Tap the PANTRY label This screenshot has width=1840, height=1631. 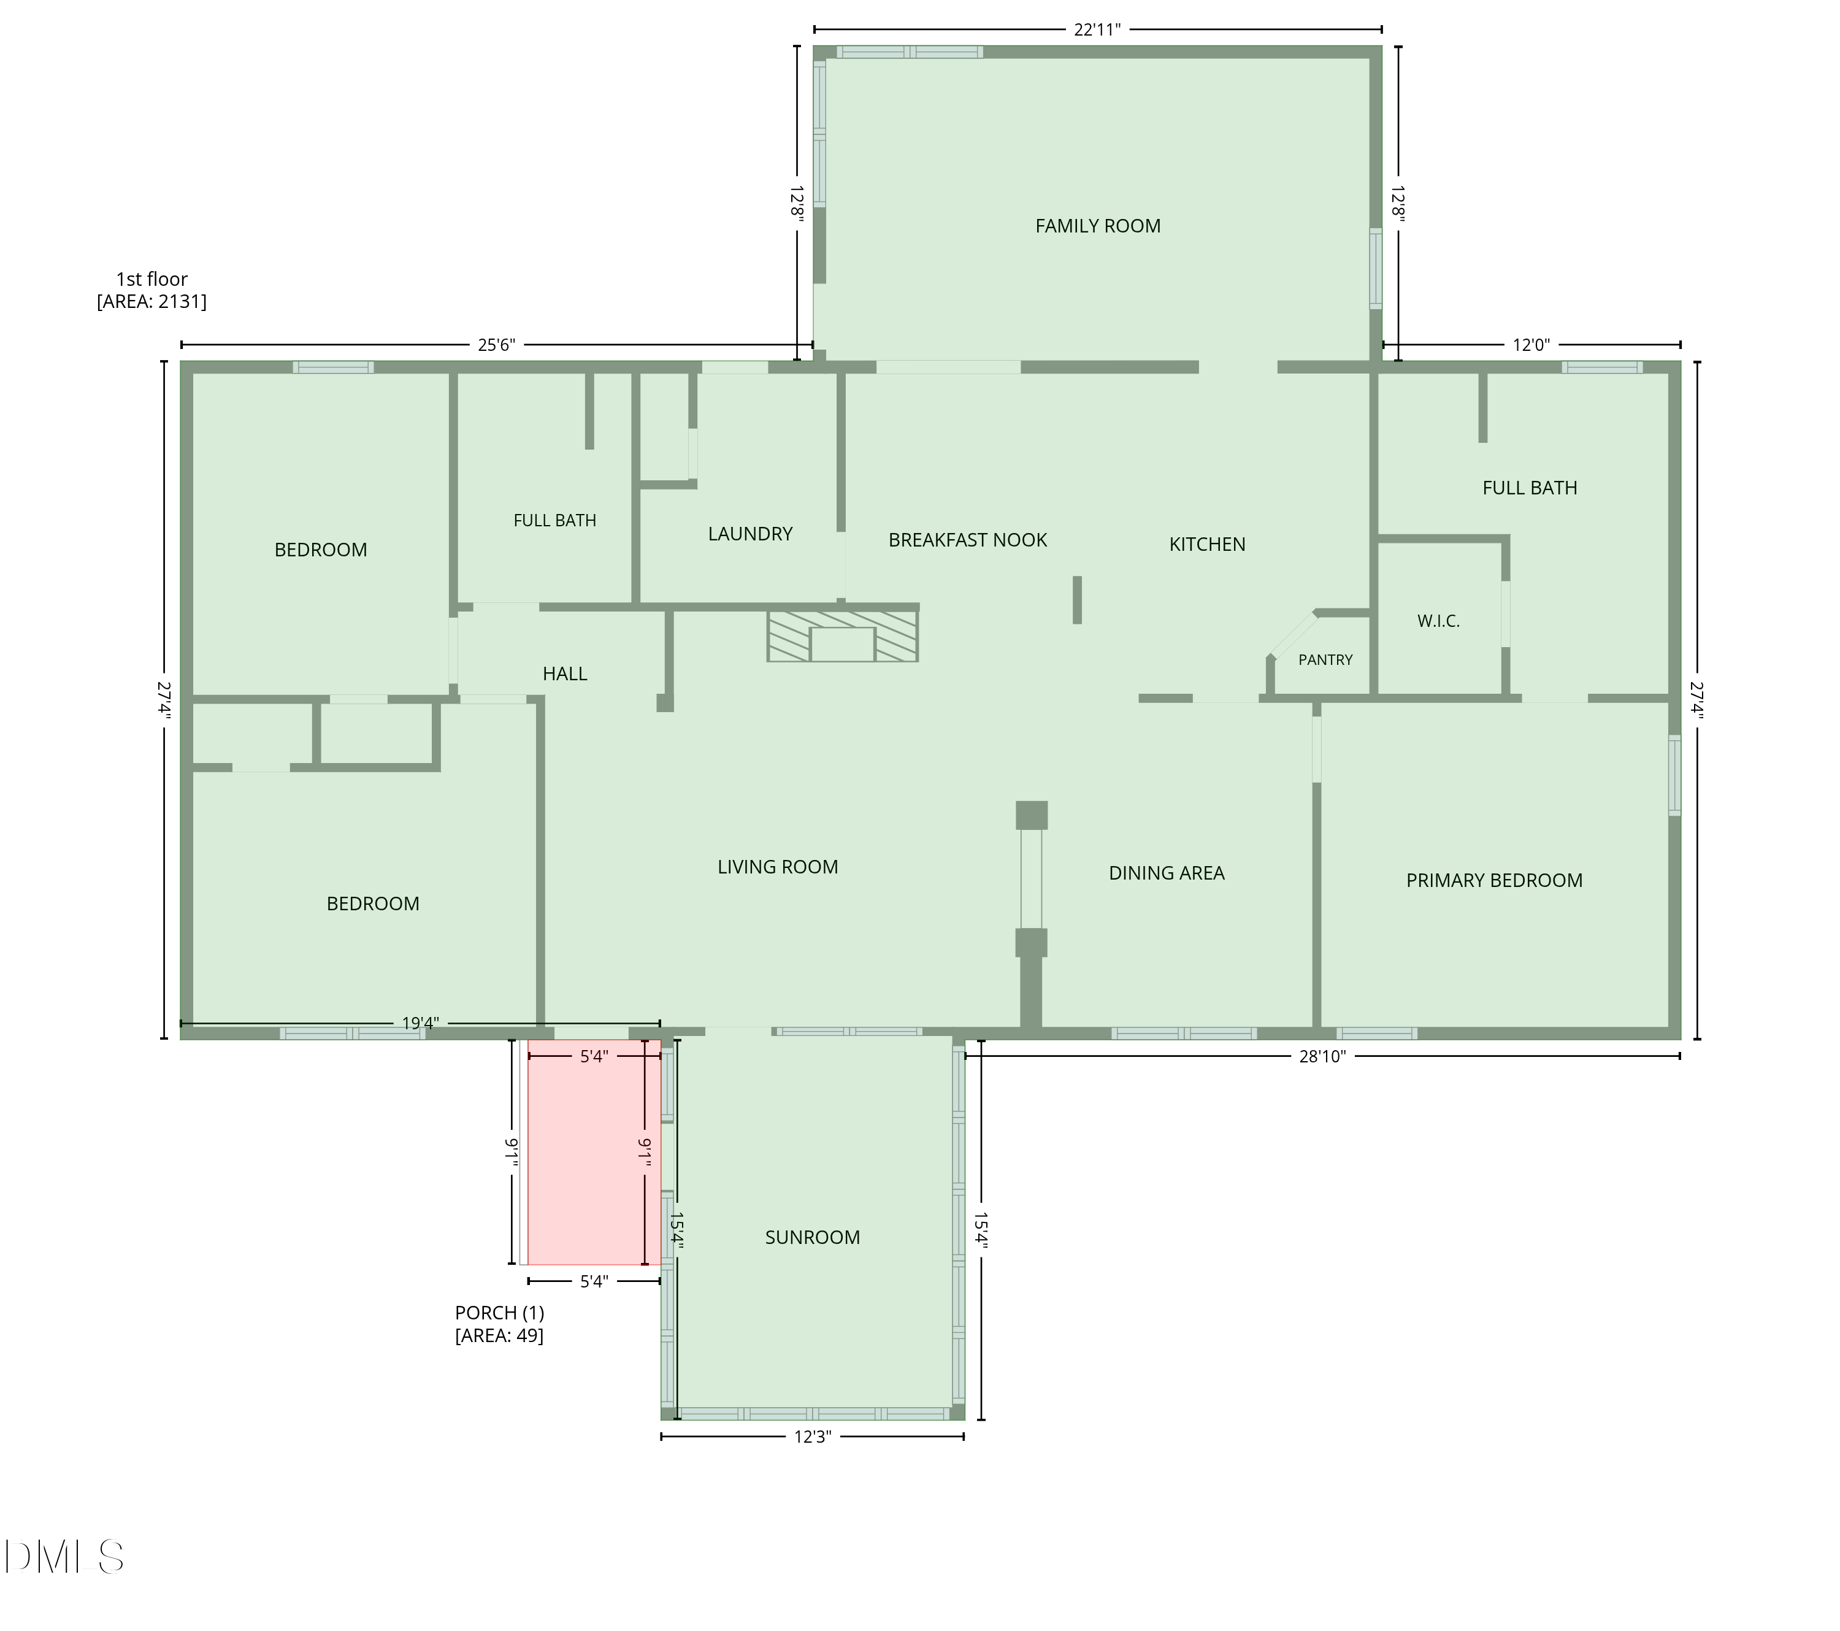(x=1325, y=660)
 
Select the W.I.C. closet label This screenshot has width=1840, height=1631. (x=1438, y=621)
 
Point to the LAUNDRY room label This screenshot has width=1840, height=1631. (x=750, y=534)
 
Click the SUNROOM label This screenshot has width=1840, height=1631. (x=812, y=1238)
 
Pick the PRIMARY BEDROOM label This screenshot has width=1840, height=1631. (x=1494, y=880)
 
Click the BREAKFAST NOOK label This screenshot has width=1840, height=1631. (x=968, y=540)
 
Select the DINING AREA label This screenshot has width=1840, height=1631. (x=1167, y=873)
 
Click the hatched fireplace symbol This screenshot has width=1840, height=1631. (x=843, y=636)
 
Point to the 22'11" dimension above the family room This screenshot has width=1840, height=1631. (x=1097, y=29)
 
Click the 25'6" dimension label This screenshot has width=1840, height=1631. (x=496, y=345)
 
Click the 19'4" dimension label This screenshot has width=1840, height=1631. (x=420, y=1023)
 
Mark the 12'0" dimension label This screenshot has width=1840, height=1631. (x=1530, y=345)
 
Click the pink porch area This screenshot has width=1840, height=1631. (x=594, y=1152)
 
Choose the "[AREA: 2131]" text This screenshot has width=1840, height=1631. (x=151, y=302)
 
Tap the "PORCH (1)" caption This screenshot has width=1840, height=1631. (x=500, y=1313)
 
